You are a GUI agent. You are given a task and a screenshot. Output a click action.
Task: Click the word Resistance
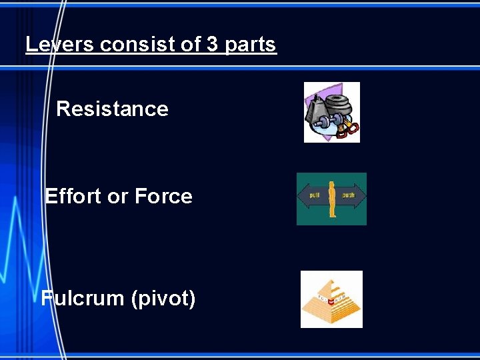coord(112,109)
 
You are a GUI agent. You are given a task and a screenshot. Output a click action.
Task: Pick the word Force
coord(163,196)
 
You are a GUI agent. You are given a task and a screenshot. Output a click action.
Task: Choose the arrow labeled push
coord(351,196)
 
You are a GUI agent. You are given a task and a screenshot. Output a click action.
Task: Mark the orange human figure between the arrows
coord(331,199)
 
